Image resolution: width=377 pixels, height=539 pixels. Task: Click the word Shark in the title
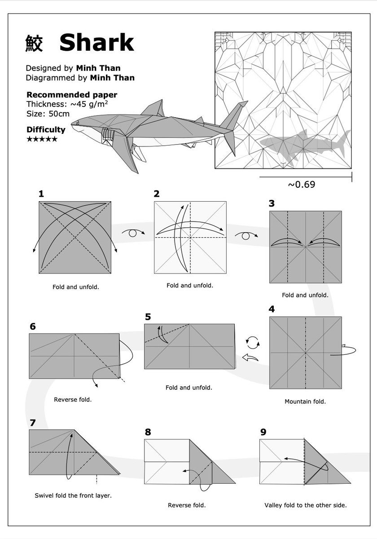[x=96, y=43]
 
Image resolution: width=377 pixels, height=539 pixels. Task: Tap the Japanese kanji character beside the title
[x=34, y=43]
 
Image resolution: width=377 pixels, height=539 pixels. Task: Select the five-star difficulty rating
[x=42, y=139]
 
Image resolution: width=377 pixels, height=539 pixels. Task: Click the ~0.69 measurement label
[x=302, y=184]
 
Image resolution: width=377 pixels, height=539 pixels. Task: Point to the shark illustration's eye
[x=77, y=123]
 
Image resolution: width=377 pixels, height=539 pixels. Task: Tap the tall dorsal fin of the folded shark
[x=153, y=108]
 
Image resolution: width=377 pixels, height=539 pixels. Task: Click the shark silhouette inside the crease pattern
[x=305, y=147]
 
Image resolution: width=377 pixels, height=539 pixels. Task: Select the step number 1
[x=41, y=194]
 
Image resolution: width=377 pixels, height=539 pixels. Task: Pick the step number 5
[x=148, y=317]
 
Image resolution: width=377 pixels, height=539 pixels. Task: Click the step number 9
[x=263, y=432]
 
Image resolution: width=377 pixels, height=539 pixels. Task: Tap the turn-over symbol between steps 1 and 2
[x=133, y=233]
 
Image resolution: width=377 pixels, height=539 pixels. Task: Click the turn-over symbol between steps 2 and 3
[x=246, y=236]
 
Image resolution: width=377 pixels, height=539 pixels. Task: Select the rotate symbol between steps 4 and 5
[x=253, y=343]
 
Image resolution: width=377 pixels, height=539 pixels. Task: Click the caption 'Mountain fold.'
[x=305, y=402]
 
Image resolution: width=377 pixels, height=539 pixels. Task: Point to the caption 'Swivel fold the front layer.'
[x=73, y=495]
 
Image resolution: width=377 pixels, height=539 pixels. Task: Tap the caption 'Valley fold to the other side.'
[x=305, y=505]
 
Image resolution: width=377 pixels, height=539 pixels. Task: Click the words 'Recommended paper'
[x=72, y=95]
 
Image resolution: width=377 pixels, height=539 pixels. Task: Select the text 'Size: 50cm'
[x=48, y=114]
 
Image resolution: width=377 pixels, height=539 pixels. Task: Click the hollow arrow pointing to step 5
[x=250, y=358]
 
